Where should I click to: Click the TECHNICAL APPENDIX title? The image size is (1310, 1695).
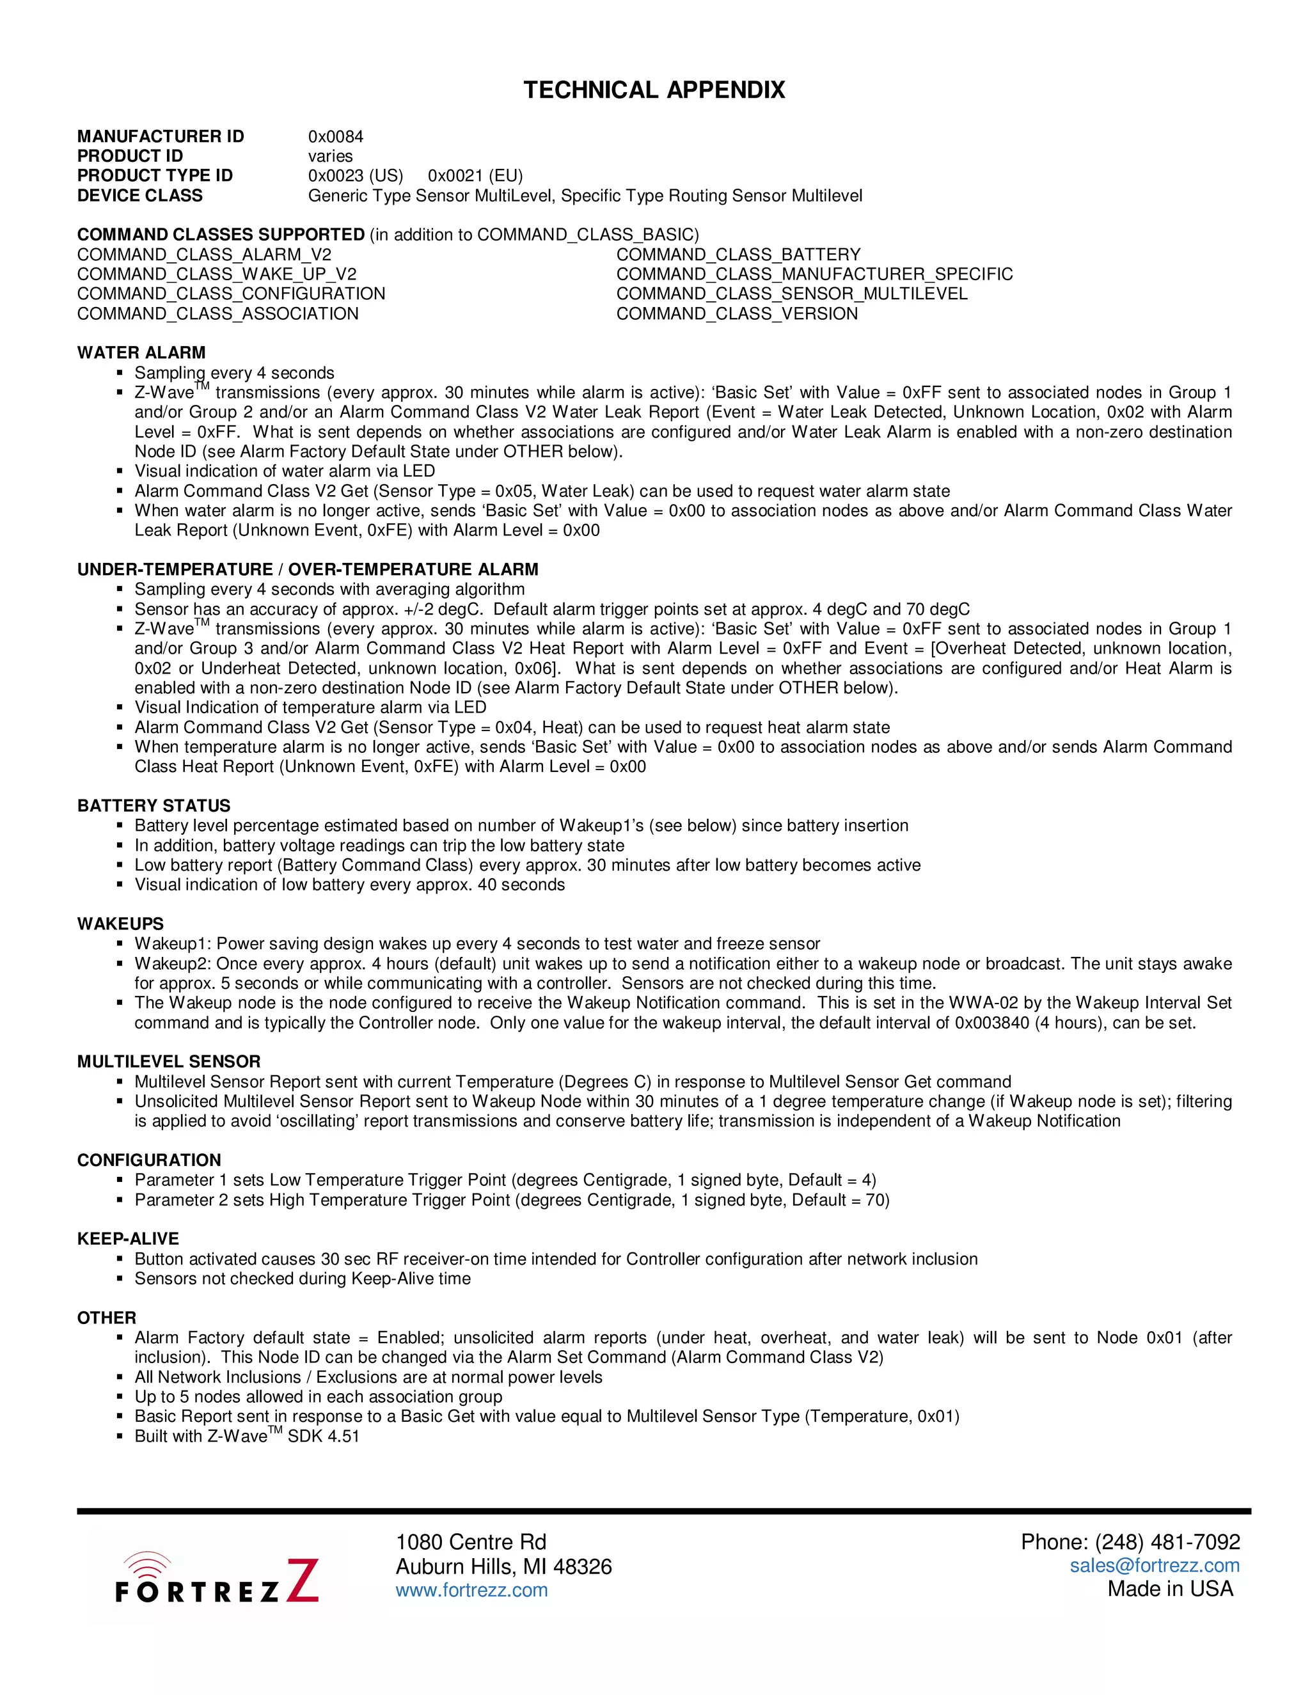tap(654, 90)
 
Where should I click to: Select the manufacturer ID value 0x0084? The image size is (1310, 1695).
tap(335, 137)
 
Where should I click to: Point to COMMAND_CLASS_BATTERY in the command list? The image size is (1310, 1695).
tap(738, 255)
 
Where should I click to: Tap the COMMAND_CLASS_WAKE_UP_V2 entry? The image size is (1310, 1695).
tap(217, 274)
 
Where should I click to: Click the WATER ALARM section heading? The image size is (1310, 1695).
tap(141, 353)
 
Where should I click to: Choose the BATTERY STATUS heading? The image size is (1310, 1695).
tap(154, 805)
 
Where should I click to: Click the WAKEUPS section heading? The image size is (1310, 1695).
tap(120, 924)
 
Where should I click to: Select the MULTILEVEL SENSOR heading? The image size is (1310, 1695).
tap(168, 1062)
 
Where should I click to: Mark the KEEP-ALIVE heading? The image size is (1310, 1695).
tap(128, 1239)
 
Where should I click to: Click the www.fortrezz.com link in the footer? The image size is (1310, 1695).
tap(471, 1589)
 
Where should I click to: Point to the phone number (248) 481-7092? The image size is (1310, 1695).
tap(1130, 1542)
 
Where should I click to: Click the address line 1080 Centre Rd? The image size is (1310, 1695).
tap(470, 1542)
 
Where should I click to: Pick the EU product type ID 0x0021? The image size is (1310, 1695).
tap(475, 175)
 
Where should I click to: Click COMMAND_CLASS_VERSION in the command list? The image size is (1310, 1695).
tap(736, 313)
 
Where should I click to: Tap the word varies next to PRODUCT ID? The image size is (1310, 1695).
tap(330, 156)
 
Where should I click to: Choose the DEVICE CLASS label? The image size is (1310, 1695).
tap(139, 196)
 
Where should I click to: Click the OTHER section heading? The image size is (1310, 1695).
tap(106, 1318)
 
